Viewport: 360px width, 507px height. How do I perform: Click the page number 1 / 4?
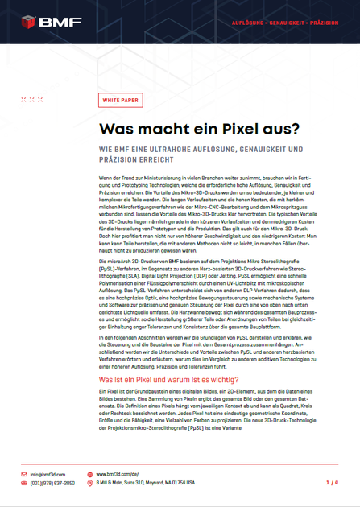coord(331,483)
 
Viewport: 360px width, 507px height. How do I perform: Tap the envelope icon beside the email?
coord(23,475)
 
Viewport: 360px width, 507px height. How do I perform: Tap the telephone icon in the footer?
coord(23,483)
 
